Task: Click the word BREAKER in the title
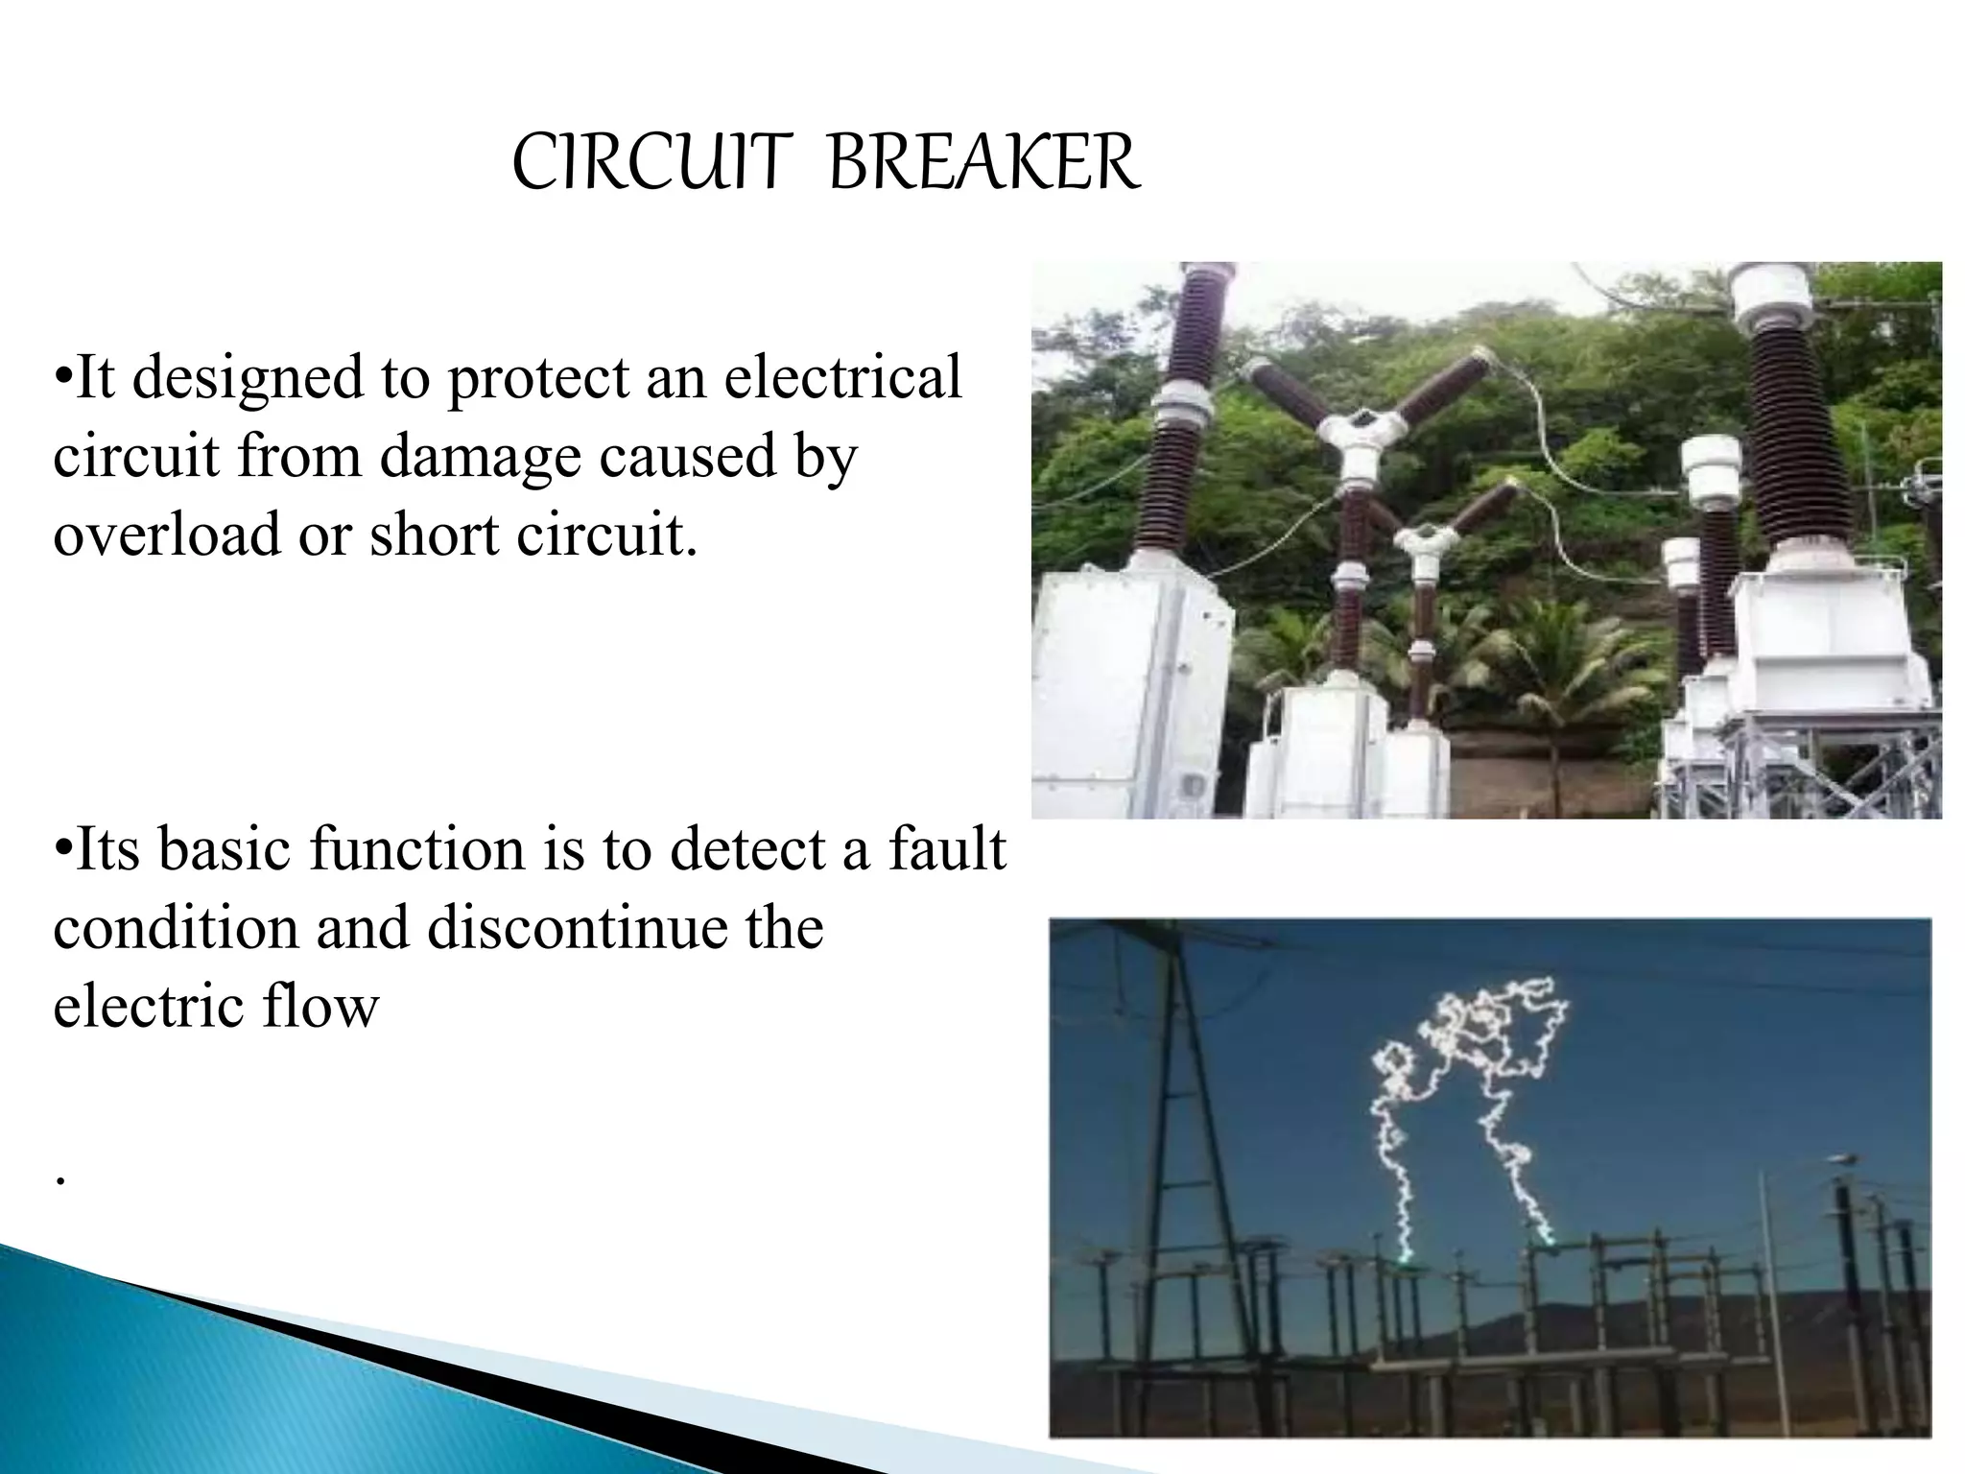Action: point(983,164)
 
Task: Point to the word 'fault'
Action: point(946,849)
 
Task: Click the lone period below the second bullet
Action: point(59,1178)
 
